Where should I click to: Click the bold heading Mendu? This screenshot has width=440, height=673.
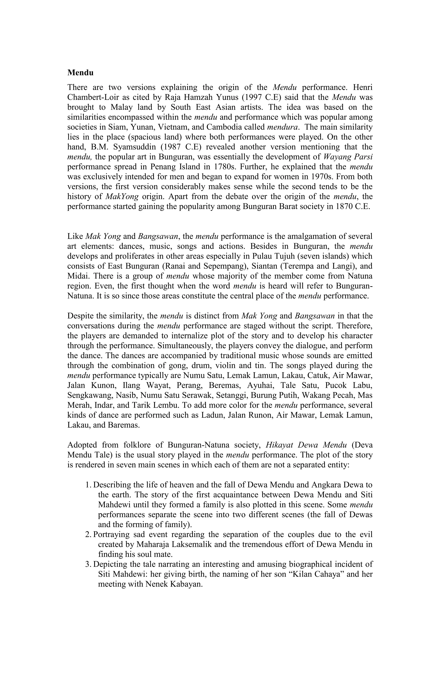click(x=80, y=73)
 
